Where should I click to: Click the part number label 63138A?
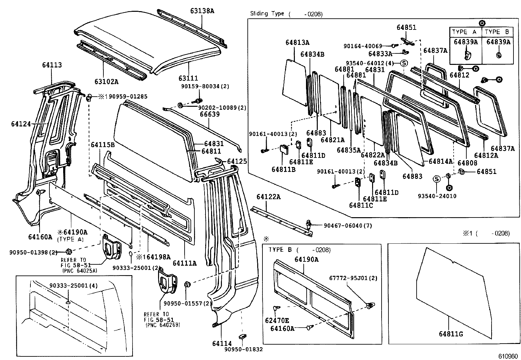(202, 11)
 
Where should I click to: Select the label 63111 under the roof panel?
(188, 78)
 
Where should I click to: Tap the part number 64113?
(52, 65)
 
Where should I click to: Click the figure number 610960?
(508, 356)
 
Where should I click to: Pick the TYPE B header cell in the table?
(497, 32)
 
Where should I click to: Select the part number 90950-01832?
(244, 350)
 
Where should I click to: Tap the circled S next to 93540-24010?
(436, 179)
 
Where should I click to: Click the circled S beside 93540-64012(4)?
(404, 63)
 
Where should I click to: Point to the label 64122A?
(268, 197)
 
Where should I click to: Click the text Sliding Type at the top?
(267, 14)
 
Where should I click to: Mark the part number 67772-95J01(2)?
(353, 278)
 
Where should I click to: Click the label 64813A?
(297, 42)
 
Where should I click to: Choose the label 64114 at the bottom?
(222, 344)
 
